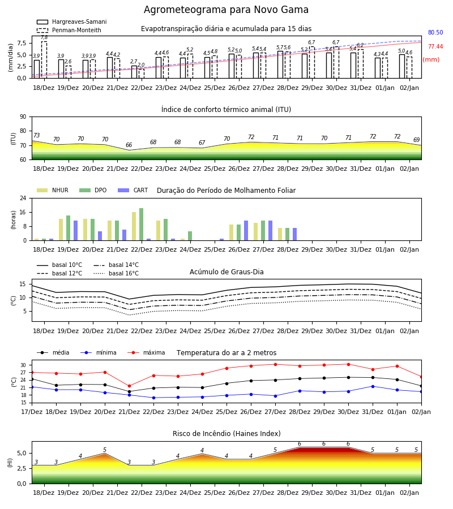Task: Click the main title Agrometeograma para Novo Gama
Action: tap(226, 10)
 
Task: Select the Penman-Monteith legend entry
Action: tap(69, 30)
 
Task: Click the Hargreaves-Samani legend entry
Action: tap(71, 21)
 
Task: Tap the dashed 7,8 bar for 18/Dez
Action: tap(44, 60)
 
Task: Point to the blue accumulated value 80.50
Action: tap(435, 32)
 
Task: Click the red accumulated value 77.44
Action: tap(435, 46)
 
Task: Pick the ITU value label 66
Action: tap(129, 145)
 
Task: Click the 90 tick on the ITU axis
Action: tap(23, 117)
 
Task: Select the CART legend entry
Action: tap(133, 190)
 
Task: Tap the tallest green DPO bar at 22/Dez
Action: tap(142, 225)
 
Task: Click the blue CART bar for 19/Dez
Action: tap(76, 231)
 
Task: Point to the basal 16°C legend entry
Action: tap(116, 273)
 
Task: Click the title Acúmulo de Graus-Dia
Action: tap(226, 271)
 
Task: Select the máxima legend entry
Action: tap(146, 352)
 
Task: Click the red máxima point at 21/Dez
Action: tap(129, 386)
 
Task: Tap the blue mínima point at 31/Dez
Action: tap(373, 386)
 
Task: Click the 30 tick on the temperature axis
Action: tap(23, 365)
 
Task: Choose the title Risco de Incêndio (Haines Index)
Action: tap(226, 433)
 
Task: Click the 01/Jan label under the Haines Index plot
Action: tap(385, 493)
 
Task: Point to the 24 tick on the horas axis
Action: tap(23, 198)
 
